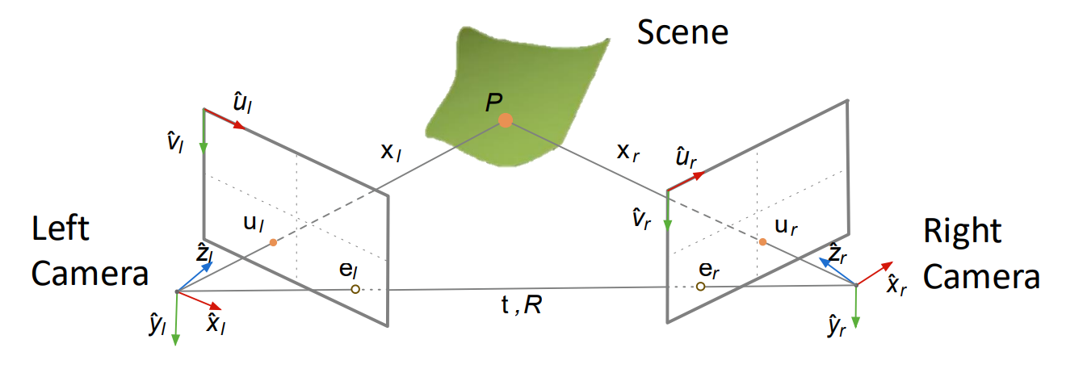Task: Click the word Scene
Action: click(x=682, y=33)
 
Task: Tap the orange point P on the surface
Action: click(x=506, y=120)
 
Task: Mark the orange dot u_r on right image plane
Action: click(x=762, y=242)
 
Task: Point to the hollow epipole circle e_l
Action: click(x=355, y=288)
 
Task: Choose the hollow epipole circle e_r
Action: click(x=700, y=287)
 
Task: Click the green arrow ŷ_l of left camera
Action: click(x=175, y=319)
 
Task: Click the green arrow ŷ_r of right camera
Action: click(x=856, y=308)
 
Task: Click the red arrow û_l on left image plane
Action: click(x=225, y=119)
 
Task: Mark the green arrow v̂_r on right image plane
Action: click(x=668, y=213)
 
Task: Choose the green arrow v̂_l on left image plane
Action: click(x=204, y=133)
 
